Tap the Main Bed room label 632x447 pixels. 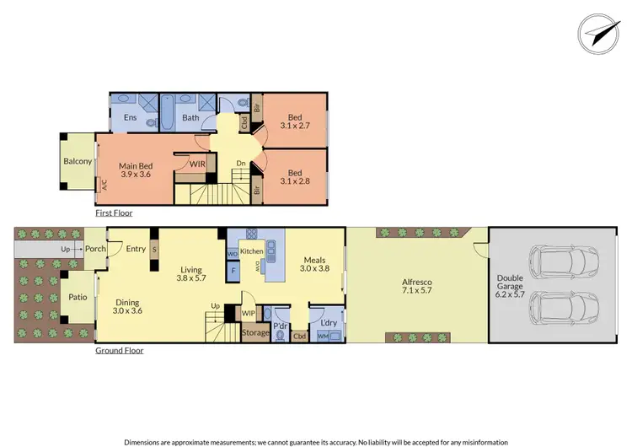134,170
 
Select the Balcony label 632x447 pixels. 78,162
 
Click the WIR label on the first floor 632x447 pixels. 198,164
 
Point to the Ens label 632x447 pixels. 131,118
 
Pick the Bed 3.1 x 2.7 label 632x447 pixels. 295,123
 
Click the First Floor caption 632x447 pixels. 113,213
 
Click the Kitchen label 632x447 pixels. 252,251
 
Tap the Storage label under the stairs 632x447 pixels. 255,332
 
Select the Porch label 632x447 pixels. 94,249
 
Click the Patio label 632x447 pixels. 78,299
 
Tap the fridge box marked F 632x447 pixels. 233,271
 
